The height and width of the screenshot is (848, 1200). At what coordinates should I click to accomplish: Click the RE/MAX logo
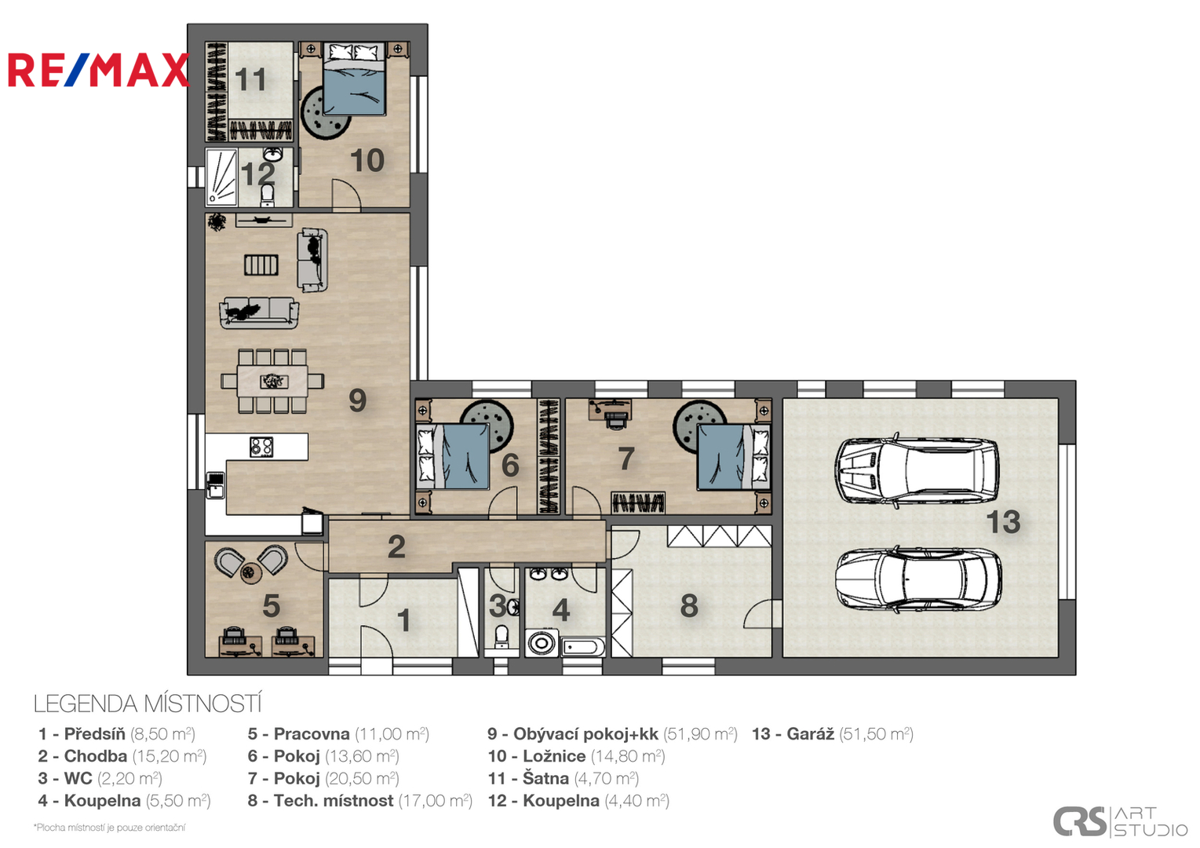point(99,70)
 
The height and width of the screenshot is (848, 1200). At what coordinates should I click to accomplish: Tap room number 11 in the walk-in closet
point(250,80)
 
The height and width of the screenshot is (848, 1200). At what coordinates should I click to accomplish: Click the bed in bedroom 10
point(354,79)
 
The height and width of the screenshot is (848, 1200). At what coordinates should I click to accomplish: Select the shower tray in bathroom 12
point(221,177)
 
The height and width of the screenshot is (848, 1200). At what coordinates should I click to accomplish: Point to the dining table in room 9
point(272,381)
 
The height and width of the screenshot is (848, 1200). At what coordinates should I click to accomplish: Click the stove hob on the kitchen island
point(261,447)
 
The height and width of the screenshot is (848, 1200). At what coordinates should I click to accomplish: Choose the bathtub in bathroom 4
point(583,648)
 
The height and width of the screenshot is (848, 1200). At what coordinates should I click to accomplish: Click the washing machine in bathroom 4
point(542,643)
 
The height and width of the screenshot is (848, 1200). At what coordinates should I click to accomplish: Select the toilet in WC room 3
point(502,636)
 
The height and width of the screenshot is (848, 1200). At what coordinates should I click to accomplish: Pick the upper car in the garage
point(917,470)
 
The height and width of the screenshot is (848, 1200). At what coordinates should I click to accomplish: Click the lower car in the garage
point(918,579)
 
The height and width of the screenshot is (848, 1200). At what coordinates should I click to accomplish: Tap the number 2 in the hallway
point(396,546)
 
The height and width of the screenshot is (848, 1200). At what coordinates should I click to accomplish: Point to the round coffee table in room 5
point(250,573)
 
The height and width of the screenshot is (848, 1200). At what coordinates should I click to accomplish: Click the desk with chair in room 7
point(610,412)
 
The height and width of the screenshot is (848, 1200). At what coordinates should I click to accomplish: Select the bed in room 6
point(453,456)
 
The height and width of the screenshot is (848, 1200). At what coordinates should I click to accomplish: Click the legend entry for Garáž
point(833,734)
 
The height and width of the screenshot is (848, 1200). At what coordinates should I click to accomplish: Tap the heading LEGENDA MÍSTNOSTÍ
point(148,704)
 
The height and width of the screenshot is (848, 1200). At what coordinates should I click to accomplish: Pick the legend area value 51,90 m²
point(700,734)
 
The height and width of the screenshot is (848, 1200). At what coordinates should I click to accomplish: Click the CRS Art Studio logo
point(1120,822)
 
